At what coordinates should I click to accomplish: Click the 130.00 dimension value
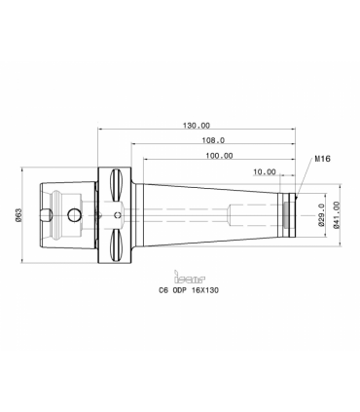point(197,126)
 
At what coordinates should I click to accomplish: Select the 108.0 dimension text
point(213,140)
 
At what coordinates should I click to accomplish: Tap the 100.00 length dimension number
point(219,156)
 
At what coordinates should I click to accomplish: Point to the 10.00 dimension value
point(265,171)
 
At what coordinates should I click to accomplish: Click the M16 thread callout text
point(323,159)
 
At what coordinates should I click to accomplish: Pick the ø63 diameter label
point(18,215)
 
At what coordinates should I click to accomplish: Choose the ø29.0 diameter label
point(321,215)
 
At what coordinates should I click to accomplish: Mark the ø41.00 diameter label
point(337,215)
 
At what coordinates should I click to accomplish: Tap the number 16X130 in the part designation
point(205,290)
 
